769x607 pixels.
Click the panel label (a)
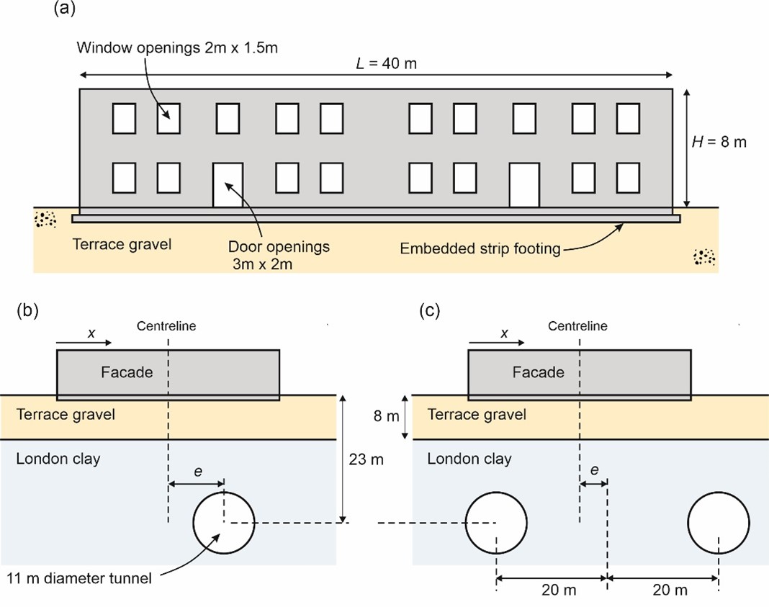click(x=64, y=9)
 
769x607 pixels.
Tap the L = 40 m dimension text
click(x=386, y=63)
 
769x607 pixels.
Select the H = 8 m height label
click(x=719, y=142)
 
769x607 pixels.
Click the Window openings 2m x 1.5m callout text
click(x=177, y=48)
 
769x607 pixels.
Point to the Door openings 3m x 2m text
click(x=279, y=255)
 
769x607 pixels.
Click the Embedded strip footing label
click(x=480, y=248)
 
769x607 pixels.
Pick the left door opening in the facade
click(x=228, y=185)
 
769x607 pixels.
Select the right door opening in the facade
click(x=524, y=185)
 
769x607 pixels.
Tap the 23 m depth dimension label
click(x=366, y=459)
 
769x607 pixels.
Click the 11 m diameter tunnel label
click(x=79, y=578)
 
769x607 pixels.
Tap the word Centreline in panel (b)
click(x=166, y=326)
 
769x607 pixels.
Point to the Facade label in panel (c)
click(x=538, y=372)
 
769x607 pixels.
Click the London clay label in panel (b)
click(x=58, y=459)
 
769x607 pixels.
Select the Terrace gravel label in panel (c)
click(x=477, y=415)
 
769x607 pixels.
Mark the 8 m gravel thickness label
click(x=387, y=416)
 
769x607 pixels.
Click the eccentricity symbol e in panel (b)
click(x=197, y=472)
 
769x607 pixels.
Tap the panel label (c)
click(x=430, y=310)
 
